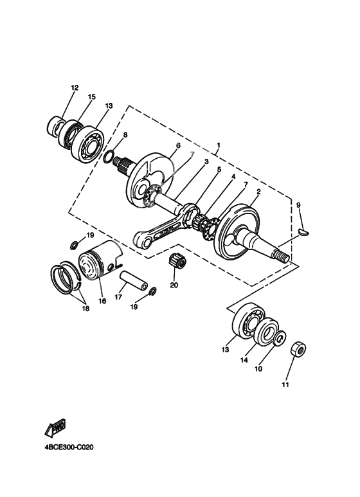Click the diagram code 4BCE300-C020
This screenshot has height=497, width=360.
pyautogui.click(x=66, y=448)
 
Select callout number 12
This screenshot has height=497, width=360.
pyautogui.click(x=75, y=87)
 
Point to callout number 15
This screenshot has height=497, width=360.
pyautogui.click(x=91, y=97)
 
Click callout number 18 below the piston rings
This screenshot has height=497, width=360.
pyautogui.click(x=85, y=309)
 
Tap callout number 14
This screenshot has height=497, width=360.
pyautogui.click(x=244, y=361)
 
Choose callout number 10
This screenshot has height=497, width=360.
pyautogui.click(x=258, y=369)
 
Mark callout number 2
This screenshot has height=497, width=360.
pyautogui.click(x=258, y=192)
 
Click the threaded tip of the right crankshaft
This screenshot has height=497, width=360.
pyautogui.click(x=282, y=257)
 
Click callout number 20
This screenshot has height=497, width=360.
pyautogui.click(x=174, y=284)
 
